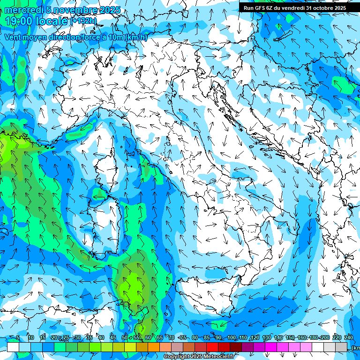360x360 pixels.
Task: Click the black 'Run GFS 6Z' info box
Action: [294, 7]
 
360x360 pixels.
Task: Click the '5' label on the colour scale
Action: [18, 337]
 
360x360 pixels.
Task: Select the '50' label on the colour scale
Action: [124, 337]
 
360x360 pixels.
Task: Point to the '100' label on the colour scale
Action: [232, 337]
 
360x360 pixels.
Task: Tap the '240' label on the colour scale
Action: [349, 337]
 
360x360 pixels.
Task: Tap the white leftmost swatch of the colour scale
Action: [13, 347]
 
